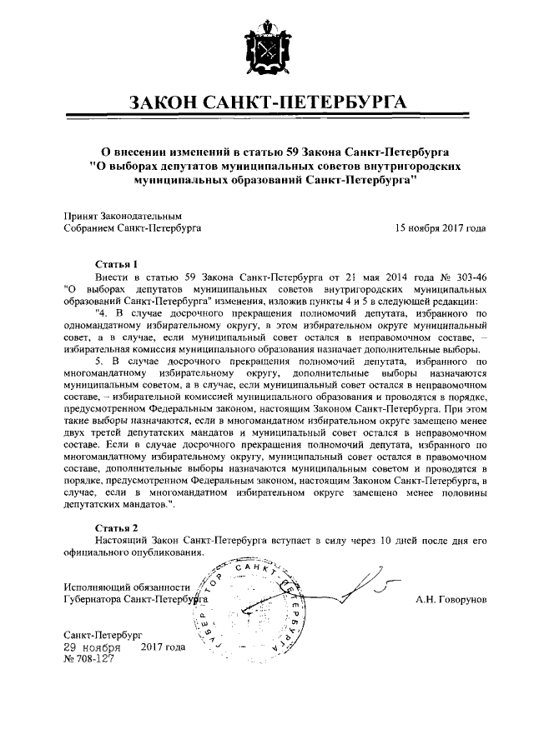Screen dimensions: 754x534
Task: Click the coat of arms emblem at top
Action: pos(266,52)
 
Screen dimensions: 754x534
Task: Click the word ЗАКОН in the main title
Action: pos(169,103)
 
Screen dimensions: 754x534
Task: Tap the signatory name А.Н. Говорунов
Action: pos(451,598)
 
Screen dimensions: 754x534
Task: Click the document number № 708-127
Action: pos(91,658)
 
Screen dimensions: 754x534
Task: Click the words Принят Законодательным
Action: pos(123,214)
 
